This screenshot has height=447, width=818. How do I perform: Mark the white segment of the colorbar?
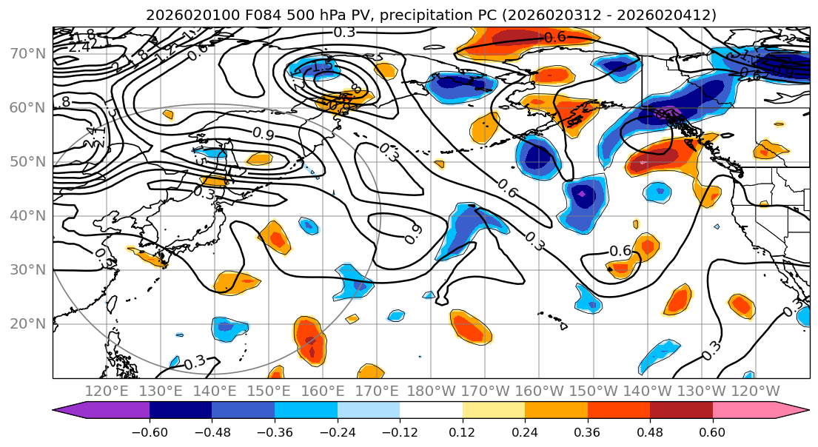tap(431, 409)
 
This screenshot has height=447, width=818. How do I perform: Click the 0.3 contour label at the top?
tap(344, 32)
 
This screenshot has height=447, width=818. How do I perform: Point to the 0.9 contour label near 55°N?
tap(264, 133)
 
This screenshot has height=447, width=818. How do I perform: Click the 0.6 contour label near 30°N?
tap(620, 251)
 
